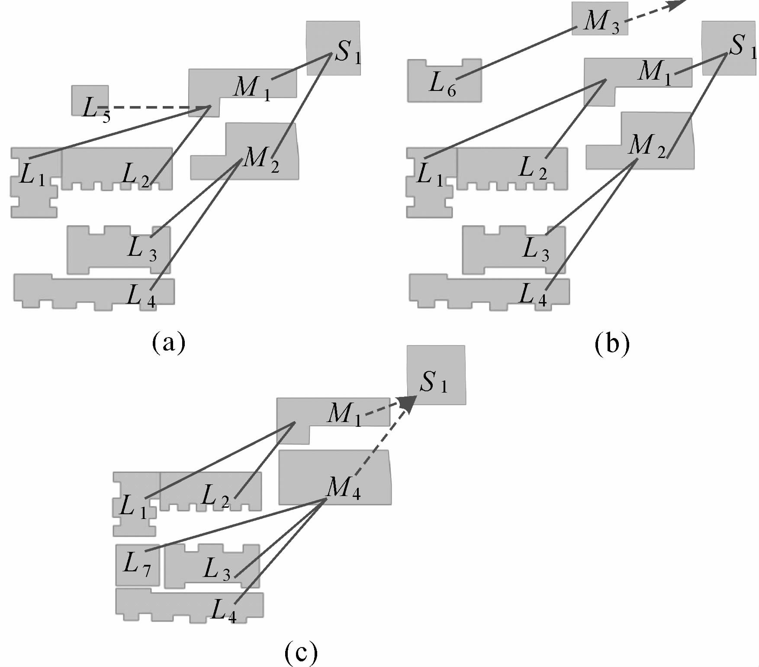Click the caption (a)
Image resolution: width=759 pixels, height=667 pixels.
pyautogui.click(x=169, y=343)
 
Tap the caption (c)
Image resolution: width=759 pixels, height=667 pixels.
pyautogui.click(x=301, y=652)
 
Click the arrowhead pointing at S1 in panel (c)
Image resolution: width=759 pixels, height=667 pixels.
pyautogui.click(x=408, y=403)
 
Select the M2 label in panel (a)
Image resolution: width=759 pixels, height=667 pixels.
pyautogui.click(x=261, y=158)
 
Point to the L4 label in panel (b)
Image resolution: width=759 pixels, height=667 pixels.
pyautogui.click(x=533, y=295)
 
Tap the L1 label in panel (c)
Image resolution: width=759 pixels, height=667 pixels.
pyautogui.click(x=132, y=506)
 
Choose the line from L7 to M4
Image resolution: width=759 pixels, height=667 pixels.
pyautogui.click(x=236, y=525)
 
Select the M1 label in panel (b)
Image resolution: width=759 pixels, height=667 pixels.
pyautogui.click(x=654, y=71)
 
